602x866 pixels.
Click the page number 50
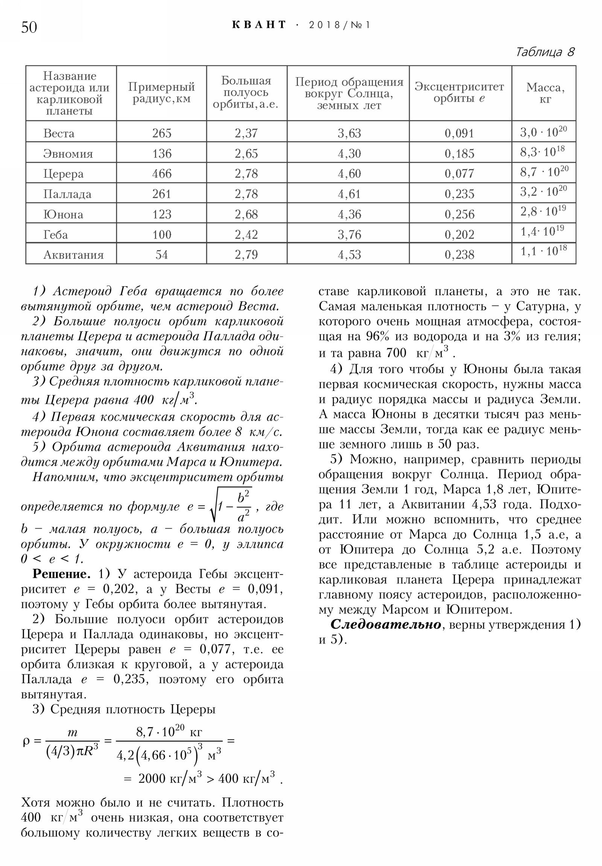point(29,27)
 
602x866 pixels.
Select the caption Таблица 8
point(545,52)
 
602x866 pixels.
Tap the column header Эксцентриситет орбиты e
point(459,92)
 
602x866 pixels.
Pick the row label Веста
point(59,133)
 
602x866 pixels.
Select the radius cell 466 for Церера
point(162,174)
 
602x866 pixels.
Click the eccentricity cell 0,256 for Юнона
point(459,214)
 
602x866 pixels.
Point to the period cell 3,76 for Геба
point(349,235)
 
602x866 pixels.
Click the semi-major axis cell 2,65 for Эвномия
point(246,154)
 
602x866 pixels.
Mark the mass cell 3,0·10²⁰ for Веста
point(543,132)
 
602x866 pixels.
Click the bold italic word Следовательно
point(386,624)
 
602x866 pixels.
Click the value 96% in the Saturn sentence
point(377,337)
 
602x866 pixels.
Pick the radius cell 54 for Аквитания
point(162,255)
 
